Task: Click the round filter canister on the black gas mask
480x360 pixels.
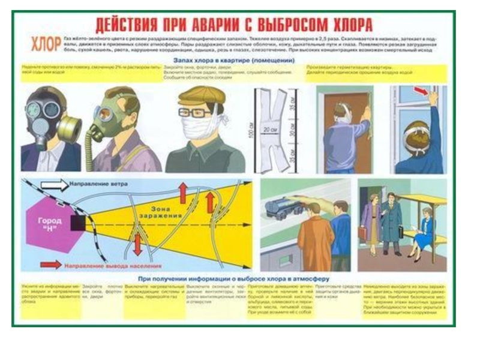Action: tap(69, 127)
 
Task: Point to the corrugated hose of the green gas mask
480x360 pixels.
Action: tap(92, 149)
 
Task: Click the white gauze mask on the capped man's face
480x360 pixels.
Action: tap(200, 127)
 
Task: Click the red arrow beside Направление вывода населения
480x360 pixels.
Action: tap(50, 264)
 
